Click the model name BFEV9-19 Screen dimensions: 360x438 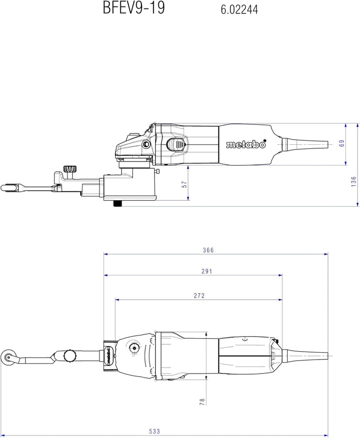pos(134,7)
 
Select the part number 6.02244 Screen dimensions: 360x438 pos(239,10)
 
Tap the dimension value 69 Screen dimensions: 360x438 pos(341,143)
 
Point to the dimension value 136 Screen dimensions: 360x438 pos(353,182)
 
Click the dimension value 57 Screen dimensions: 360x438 pos(184,184)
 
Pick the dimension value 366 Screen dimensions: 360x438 pos(208,250)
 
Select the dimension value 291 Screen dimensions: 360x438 pos(207,271)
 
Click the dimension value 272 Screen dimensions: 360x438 pos(199,296)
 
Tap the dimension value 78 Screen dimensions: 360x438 pos(202,402)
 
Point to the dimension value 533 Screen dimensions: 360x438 pos(154,432)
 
